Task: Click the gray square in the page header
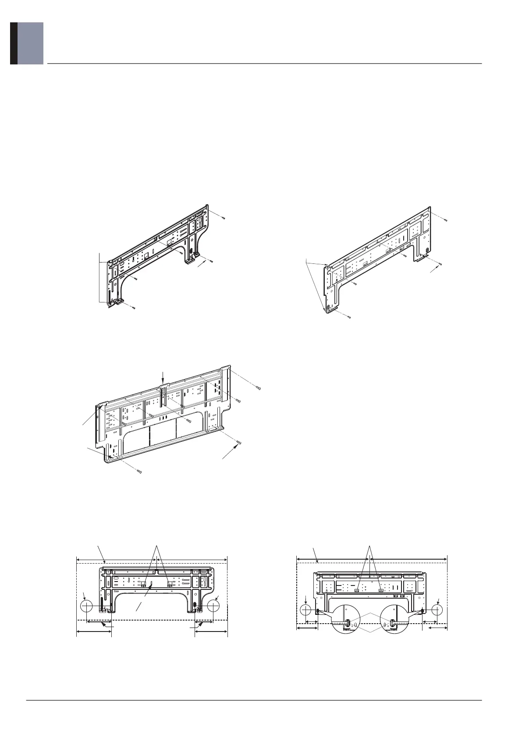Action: (x=30, y=43)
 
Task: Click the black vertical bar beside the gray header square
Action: (x=14, y=43)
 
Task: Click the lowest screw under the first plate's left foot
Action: (x=134, y=308)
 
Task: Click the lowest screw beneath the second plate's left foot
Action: (x=349, y=317)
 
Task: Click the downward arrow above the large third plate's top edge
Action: (x=163, y=376)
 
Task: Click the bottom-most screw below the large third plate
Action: (x=139, y=472)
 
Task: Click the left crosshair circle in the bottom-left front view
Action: (x=87, y=606)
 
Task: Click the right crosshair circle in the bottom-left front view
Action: (x=213, y=606)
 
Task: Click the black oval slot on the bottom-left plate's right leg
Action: (x=195, y=604)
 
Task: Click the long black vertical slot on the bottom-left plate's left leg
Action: (x=102, y=602)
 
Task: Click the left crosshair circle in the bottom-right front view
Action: (x=306, y=610)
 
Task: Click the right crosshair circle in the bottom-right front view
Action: (x=437, y=610)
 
